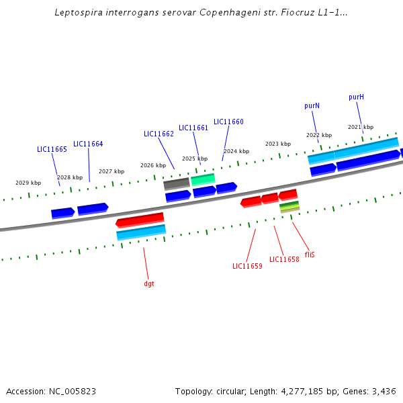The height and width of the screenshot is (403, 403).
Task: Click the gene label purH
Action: (x=356, y=97)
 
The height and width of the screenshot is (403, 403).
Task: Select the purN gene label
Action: (x=312, y=106)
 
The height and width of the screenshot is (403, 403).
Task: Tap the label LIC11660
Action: (x=228, y=122)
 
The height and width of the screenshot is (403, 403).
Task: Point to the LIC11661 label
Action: (x=193, y=128)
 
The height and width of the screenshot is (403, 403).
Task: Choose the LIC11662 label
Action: (x=159, y=134)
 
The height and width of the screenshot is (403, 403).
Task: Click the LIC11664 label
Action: (x=88, y=144)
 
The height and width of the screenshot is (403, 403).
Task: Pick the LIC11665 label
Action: (x=52, y=150)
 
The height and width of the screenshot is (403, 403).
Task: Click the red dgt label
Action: (x=149, y=284)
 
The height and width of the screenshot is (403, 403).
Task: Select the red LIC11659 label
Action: (x=247, y=267)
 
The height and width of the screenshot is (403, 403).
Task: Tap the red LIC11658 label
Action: (x=284, y=260)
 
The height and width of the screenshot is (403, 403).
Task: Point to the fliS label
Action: (x=310, y=255)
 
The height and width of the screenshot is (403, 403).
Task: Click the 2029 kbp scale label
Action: (x=28, y=183)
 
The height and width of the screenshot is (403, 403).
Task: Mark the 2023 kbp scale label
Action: (x=278, y=144)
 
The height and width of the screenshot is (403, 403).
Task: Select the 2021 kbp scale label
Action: (x=361, y=127)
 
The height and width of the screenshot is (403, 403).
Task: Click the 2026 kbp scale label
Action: (x=153, y=165)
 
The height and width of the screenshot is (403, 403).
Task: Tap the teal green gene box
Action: (x=203, y=179)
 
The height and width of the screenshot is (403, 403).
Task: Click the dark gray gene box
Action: (x=177, y=183)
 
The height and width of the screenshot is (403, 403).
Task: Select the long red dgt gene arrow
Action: (x=140, y=220)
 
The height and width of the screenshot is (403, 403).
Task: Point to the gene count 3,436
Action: (x=383, y=391)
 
